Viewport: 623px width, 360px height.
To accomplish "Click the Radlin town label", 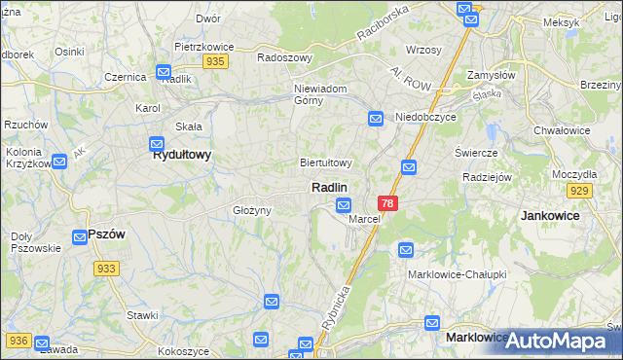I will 330,186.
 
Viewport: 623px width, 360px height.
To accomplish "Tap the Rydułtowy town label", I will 182,154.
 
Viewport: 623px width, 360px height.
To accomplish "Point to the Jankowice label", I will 550,214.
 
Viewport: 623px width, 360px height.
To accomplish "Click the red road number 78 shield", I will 388,203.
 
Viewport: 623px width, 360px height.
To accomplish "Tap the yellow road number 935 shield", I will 216,60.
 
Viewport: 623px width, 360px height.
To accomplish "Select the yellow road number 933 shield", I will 107,268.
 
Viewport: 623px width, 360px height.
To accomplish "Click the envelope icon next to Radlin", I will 344,204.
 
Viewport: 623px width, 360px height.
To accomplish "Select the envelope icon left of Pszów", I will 83,235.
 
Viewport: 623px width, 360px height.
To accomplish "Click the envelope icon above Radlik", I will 164,72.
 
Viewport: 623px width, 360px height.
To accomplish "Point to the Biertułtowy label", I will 325,162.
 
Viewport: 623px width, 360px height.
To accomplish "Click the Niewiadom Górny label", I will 321,94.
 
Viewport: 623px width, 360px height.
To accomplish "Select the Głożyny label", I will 250,210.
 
